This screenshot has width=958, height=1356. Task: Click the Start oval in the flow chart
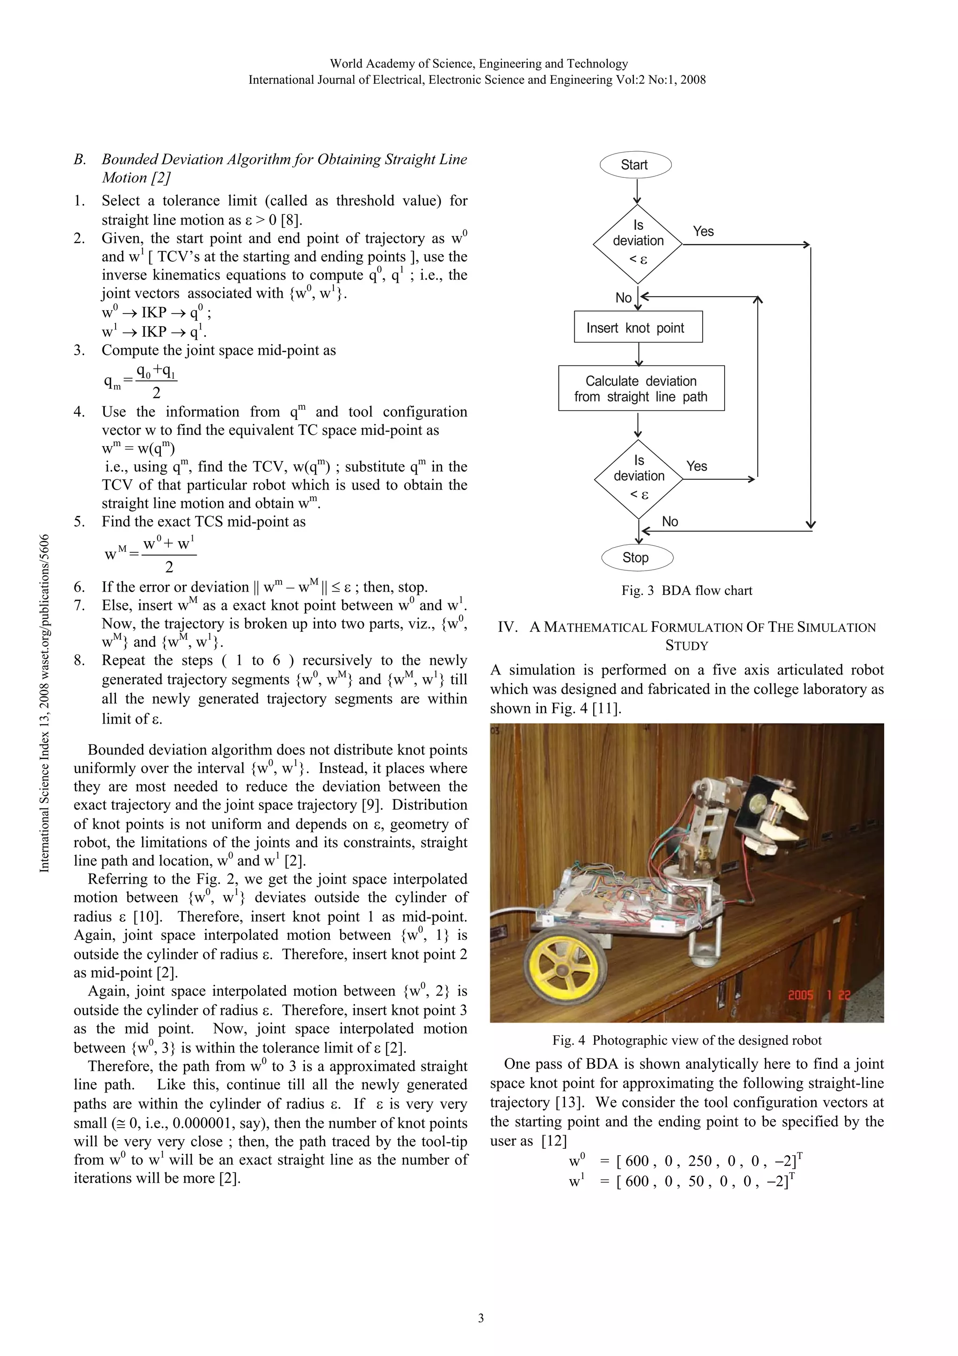click(635, 165)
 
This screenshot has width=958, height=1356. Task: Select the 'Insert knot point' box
click(638, 327)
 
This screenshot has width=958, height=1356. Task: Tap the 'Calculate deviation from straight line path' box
click(641, 388)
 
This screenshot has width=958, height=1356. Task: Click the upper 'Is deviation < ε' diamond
click(638, 243)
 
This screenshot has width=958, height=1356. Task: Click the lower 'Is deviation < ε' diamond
click(639, 478)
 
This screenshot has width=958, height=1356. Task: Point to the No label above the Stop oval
click(669, 521)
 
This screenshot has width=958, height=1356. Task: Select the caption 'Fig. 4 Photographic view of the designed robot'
click(687, 1040)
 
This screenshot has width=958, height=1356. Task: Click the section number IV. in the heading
click(508, 627)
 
